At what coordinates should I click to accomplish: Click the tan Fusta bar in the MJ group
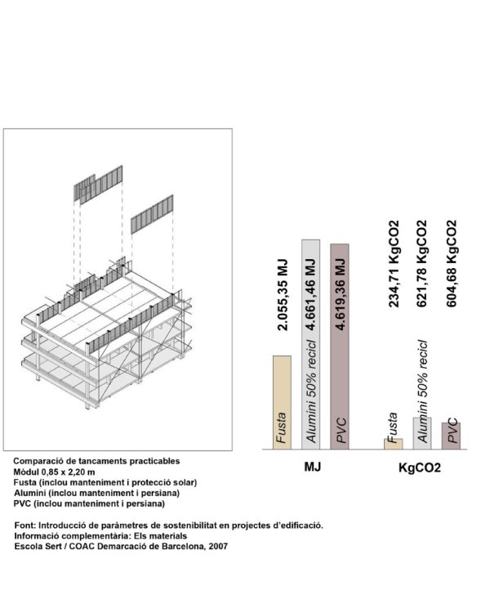[282, 402]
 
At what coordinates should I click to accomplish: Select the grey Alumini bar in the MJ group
[310, 343]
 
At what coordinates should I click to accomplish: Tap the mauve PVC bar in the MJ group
[339, 347]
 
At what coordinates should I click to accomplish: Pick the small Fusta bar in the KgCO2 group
[394, 444]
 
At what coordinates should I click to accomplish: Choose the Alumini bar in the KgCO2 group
[422, 433]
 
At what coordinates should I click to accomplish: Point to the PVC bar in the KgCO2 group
[451, 436]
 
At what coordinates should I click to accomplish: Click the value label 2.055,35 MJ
[282, 295]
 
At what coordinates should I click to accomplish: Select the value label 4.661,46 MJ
[311, 295]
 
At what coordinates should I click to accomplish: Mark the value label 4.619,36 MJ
[340, 295]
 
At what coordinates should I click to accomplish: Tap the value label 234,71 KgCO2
[394, 262]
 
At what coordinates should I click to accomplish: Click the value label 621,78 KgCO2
[422, 262]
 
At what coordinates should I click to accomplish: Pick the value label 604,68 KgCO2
[451, 262]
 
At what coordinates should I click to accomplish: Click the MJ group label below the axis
[311, 468]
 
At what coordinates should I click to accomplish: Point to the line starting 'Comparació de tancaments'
[96, 461]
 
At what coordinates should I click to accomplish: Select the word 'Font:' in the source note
[25, 525]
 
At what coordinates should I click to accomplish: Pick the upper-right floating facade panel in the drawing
[154, 213]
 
